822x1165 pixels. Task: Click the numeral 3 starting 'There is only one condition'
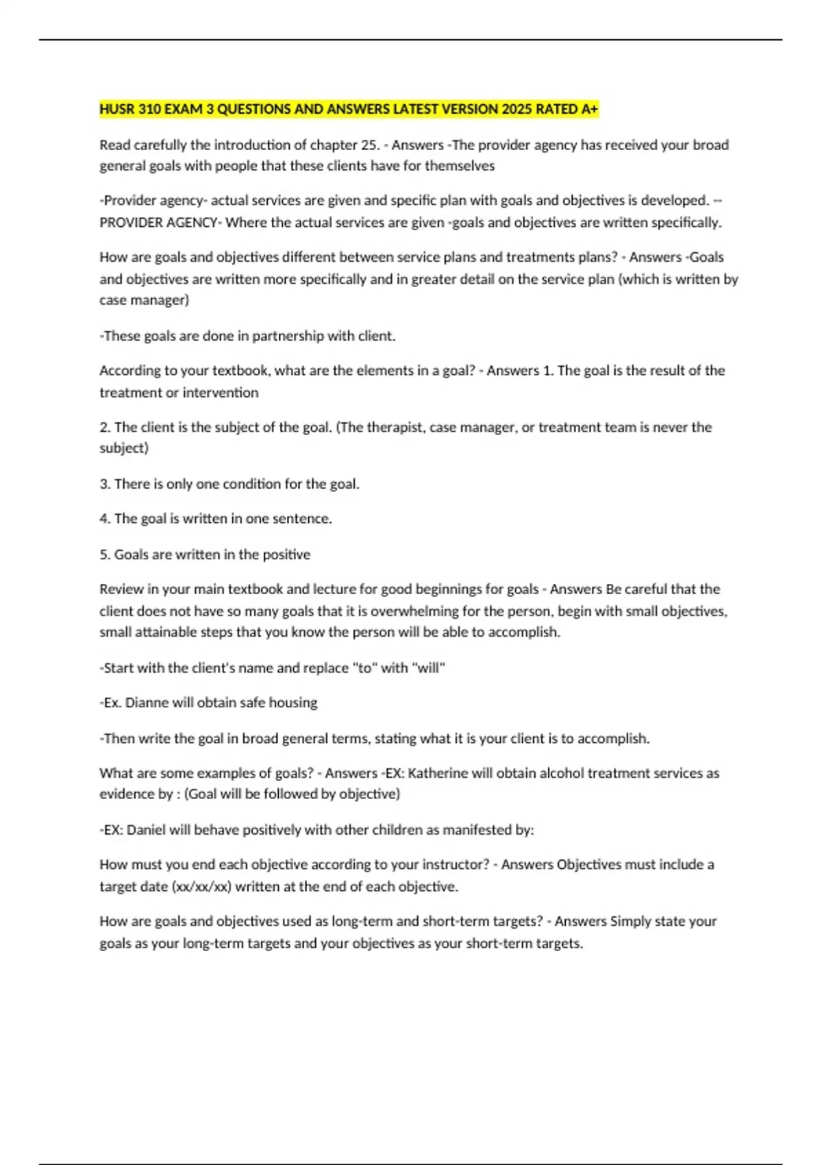103,484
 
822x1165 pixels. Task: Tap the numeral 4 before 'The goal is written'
103,519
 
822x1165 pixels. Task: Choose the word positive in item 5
286,554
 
